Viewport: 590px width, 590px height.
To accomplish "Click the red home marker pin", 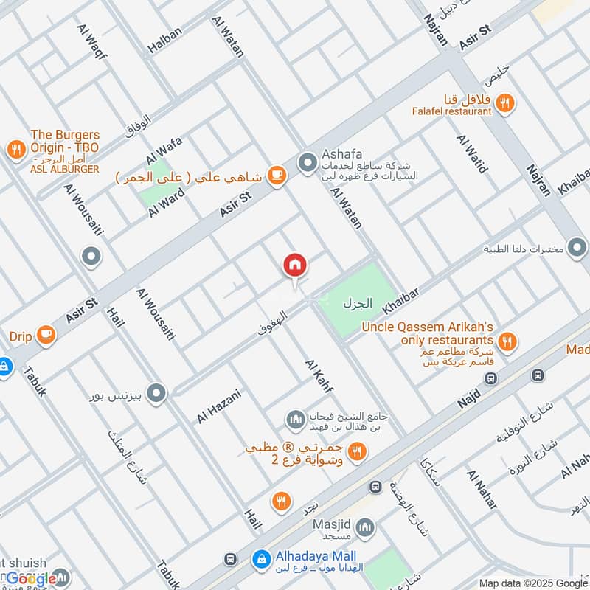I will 294,265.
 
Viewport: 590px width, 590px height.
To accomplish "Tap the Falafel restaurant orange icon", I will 505,103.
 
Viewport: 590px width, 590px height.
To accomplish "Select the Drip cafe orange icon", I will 46,335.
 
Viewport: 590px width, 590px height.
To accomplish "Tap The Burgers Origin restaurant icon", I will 15,150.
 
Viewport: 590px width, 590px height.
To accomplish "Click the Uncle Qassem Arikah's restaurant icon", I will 506,341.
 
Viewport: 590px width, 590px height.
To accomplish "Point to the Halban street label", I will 164,38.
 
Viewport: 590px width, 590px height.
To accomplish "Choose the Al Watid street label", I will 472,153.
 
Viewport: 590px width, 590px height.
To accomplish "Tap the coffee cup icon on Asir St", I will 277,175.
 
